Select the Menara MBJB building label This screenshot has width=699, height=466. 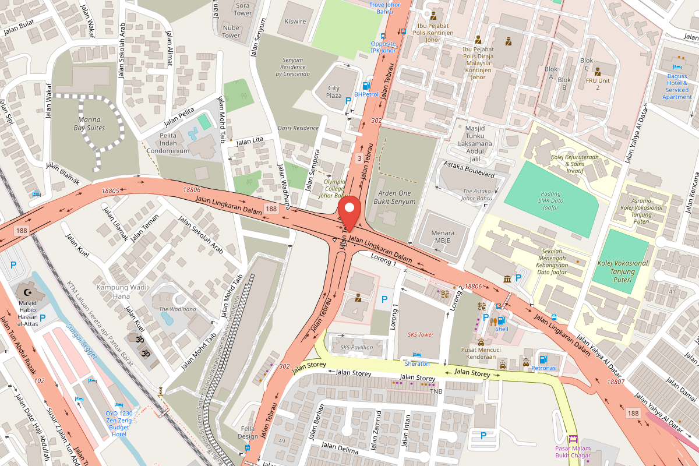pyautogui.click(x=443, y=236)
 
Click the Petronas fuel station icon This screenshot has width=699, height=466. pyautogui.click(x=543, y=359)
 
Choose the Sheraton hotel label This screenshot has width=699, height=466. pyautogui.click(x=417, y=363)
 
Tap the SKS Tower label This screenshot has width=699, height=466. pyautogui.click(x=420, y=335)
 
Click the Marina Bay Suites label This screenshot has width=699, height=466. pyautogui.click(x=89, y=123)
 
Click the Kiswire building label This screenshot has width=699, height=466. pyautogui.click(x=295, y=22)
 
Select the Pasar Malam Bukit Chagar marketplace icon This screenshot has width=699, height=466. pyautogui.click(x=573, y=440)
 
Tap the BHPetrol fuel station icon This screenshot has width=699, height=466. pyautogui.click(x=366, y=86)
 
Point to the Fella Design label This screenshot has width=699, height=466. pyautogui.click(x=248, y=432)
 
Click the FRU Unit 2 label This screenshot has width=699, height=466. pyautogui.click(x=597, y=84)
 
